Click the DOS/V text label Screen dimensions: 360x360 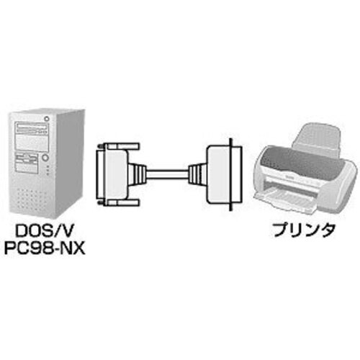[44, 230]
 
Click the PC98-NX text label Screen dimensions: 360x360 [45, 248]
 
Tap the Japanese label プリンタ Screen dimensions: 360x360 [304, 230]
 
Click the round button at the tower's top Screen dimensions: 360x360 [47, 118]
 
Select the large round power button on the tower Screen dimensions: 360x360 [45, 158]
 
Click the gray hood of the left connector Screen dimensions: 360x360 [113, 174]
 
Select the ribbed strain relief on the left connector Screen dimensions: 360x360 [138, 174]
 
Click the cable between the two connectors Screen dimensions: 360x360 [167, 174]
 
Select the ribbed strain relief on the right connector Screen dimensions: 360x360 [197, 174]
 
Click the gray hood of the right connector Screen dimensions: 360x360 [219, 175]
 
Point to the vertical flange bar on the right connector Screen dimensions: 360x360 [231, 175]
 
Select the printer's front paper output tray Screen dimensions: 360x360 [286, 199]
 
